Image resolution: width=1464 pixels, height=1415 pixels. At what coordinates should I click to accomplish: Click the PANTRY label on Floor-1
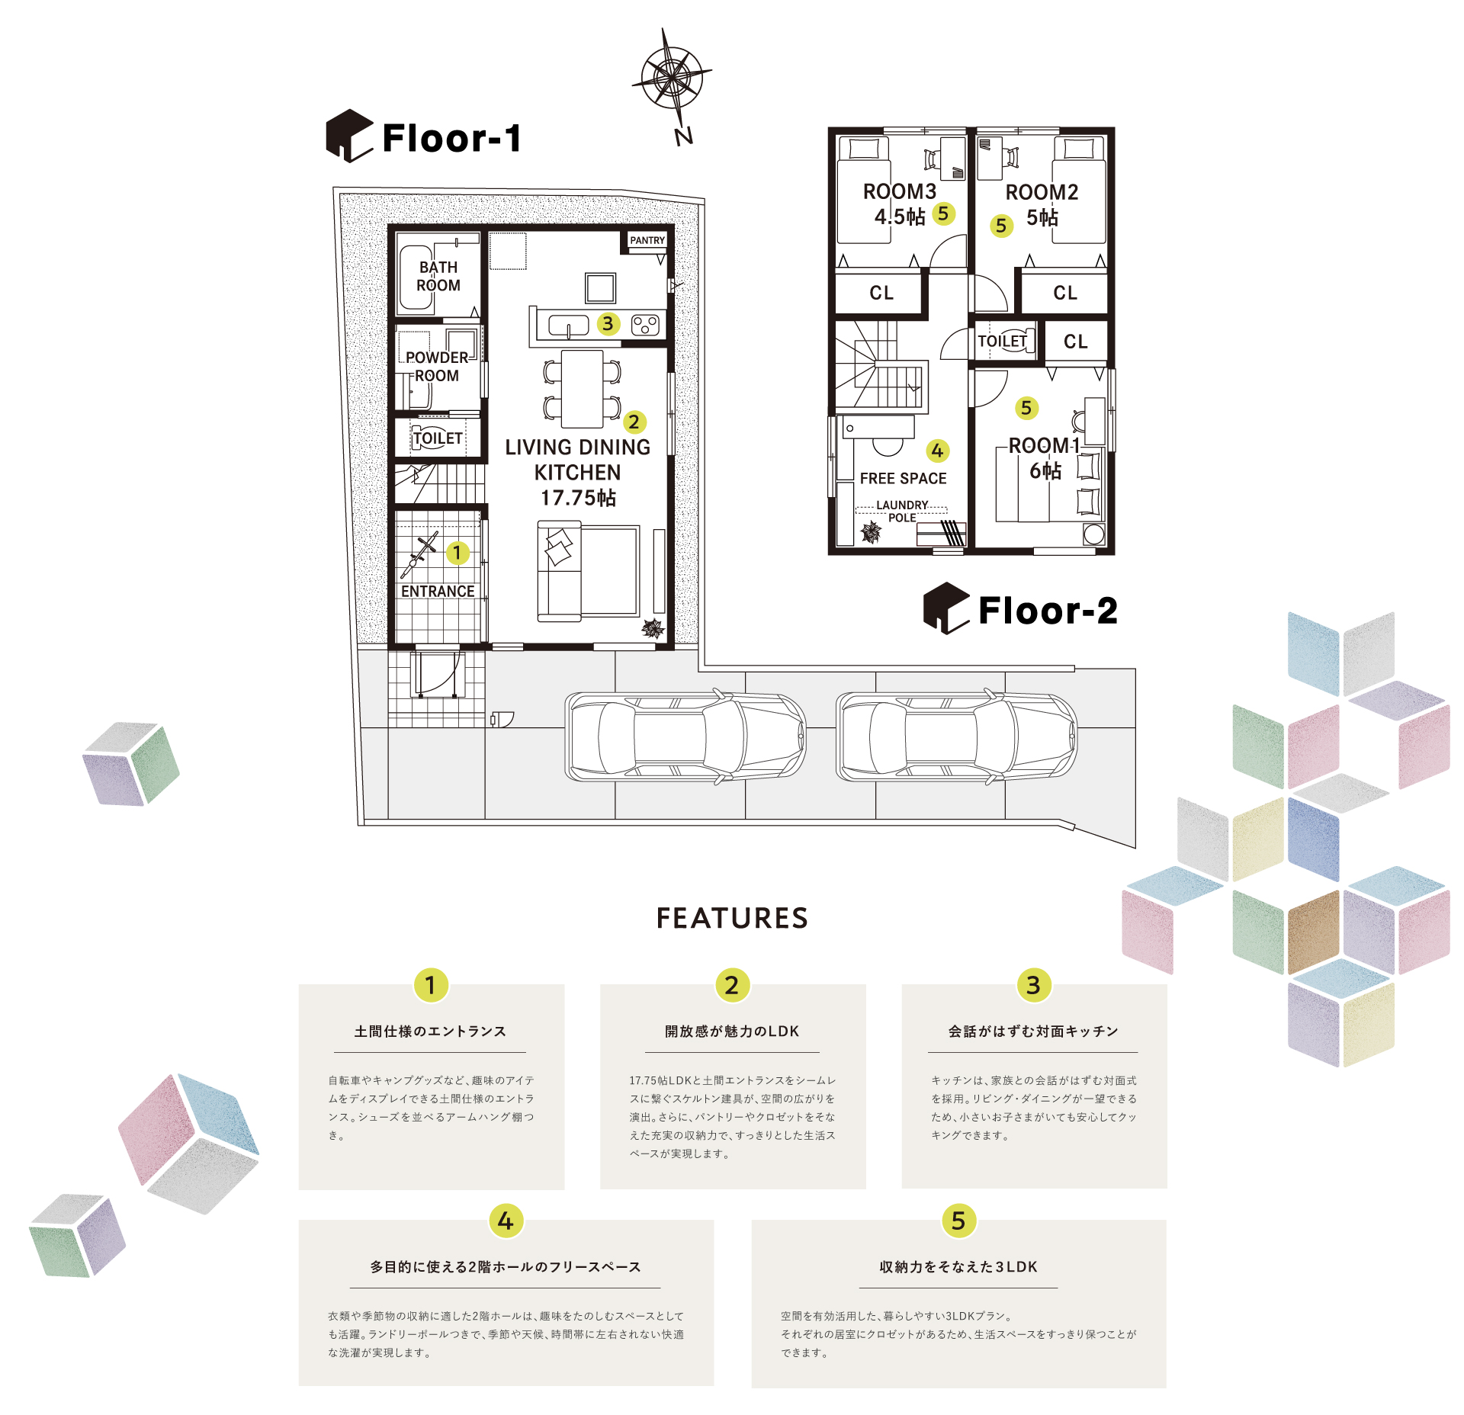[x=647, y=240]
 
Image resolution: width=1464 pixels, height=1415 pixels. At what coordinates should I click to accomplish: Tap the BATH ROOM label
[x=438, y=276]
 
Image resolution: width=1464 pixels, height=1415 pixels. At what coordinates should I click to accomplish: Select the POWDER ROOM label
[x=437, y=367]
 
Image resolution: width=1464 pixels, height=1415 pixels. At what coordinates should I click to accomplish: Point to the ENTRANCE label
[x=438, y=592]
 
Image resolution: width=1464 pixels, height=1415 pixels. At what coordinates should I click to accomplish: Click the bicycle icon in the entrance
[x=420, y=554]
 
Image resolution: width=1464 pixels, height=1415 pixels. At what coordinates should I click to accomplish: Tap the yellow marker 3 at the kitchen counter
[x=607, y=323]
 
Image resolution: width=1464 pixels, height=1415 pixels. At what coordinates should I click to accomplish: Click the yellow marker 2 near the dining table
[x=634, y=422]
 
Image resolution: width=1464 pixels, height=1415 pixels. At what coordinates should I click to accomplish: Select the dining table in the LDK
[x=583, y=389]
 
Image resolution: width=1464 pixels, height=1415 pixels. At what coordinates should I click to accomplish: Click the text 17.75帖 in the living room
[x=578, y=498]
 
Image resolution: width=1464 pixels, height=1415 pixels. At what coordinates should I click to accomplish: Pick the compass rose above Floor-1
[x=672, y=79]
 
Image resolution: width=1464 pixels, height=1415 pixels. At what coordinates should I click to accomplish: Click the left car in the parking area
[x=685, y=736]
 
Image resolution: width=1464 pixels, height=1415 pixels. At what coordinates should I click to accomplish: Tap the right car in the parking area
[x=956, y=736]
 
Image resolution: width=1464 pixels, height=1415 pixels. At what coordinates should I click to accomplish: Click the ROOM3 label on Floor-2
[x=900, y=191]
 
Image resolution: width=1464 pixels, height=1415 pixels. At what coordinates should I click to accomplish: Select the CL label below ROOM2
[x=1065, y=293]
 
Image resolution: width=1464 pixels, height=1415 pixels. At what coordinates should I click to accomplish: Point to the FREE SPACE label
[x=903, y=478]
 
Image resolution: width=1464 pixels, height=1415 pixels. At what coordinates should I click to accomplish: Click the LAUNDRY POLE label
[x=902, y=511]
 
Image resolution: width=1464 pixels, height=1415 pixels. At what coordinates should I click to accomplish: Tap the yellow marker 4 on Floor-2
[x=937, y=451]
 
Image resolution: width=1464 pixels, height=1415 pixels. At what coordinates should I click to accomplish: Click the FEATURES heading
[x=732, y=918]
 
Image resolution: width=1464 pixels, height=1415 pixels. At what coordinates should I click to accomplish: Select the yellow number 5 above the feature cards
[x=958, y=1220]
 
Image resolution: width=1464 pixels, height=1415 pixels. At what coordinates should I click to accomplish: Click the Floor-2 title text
[x=1048, y=611]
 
